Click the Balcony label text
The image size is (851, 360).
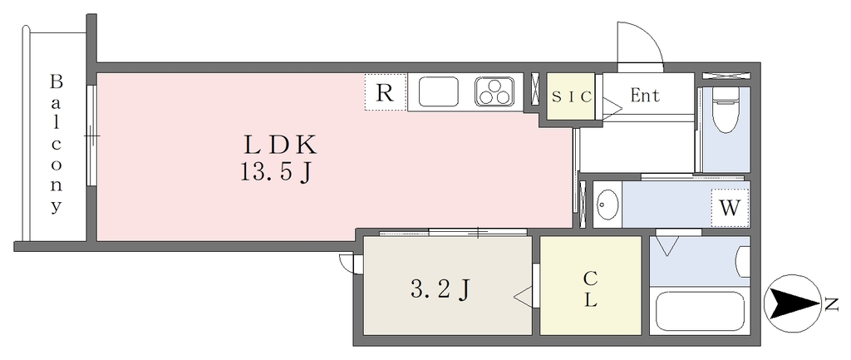56,144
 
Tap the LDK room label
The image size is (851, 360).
280,145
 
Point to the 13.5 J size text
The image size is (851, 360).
276,175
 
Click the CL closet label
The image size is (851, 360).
590,288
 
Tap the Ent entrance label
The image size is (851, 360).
645,96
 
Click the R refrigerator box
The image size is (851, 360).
385,92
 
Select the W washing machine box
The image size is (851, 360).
730,208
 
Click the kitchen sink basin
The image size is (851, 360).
439,91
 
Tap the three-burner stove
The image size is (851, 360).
496,91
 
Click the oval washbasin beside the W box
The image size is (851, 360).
608,205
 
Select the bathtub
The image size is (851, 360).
702,311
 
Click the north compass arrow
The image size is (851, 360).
789,303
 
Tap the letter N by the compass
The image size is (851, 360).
830,304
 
